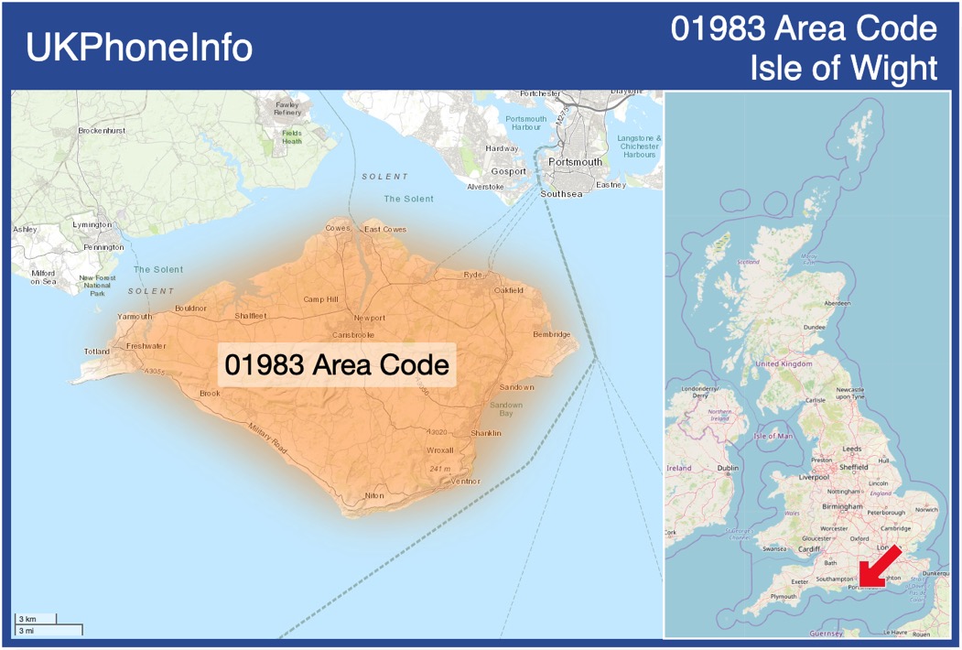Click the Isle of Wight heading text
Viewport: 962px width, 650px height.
click(843, 68)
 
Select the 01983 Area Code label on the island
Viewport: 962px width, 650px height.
click(337, 364)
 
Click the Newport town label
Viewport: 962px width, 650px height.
click(370, 318)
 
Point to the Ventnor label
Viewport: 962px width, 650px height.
click(465, 482)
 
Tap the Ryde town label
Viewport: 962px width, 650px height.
click(472, 275)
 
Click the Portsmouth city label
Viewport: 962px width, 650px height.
click(575, 162)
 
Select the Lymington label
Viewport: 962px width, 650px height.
click(92, 224)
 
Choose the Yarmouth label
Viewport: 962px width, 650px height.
click(135, 317)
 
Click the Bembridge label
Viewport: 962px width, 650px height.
click(551, 334)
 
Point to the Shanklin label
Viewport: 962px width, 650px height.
click(485, 433)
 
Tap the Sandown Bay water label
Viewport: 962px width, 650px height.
click(505, 409)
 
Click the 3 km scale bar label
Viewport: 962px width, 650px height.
click(27, 620)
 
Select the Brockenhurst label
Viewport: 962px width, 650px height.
click(102, 131)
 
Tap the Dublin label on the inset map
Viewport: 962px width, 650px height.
click(728, 468)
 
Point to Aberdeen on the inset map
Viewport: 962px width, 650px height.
click(837, 303)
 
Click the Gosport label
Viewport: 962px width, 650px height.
click(508, 171)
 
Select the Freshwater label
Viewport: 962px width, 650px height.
click(146, 346)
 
